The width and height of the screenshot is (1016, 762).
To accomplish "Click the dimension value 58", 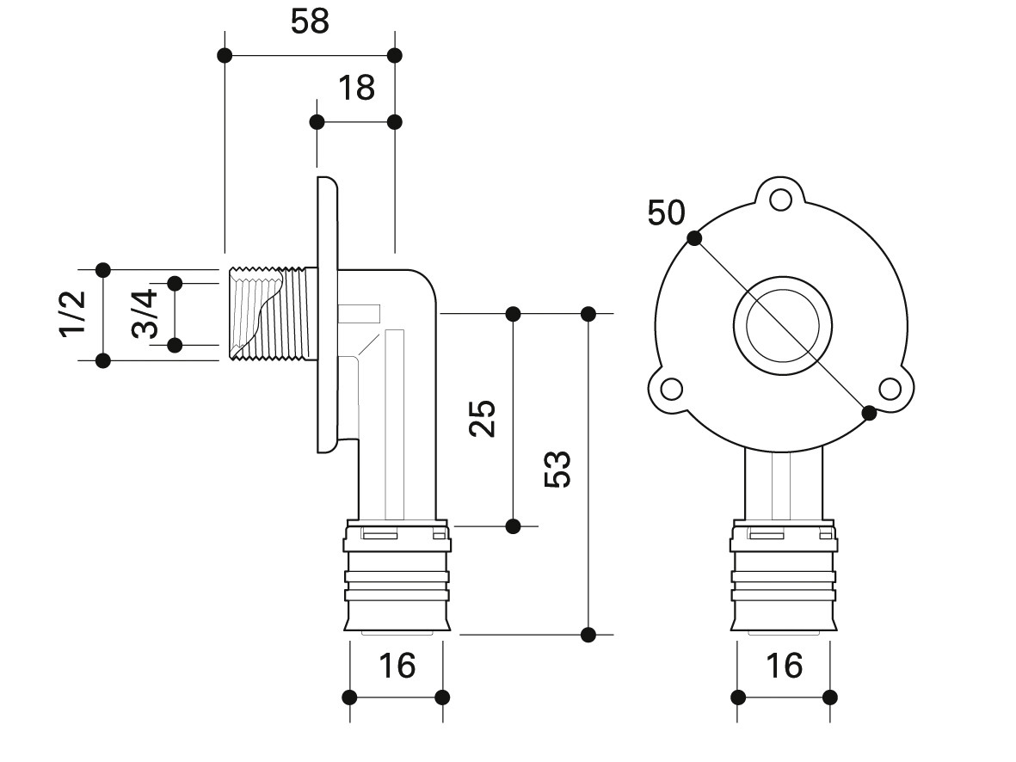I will click(x=310, y=22).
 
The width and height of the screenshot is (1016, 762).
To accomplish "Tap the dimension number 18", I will click(x=356, y=88).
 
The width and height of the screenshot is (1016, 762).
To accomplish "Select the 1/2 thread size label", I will click(x=73, y=313).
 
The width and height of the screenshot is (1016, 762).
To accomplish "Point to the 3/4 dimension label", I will click(x=145, y=313).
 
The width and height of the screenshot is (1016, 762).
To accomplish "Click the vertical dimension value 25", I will click(x=484, y=418).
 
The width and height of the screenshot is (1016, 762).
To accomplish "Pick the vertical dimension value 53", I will click(x=558, y=469).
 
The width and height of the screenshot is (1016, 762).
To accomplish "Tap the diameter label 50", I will click(x=666, y=212).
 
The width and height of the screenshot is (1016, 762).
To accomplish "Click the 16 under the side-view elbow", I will click(x=396, y=665).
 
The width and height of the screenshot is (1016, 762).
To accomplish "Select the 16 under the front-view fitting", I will click(x=783, y=665).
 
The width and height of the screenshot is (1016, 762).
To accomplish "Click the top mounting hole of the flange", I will click(x=780, y=200).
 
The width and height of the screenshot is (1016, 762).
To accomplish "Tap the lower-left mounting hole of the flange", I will click(x=671, y=390).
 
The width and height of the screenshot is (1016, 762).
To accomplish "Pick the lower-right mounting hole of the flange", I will click(x=890, y=390).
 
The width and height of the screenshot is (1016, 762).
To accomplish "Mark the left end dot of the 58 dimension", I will click(x=225, y=56).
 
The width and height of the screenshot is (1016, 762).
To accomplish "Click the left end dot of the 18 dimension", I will click(x=317, y=122).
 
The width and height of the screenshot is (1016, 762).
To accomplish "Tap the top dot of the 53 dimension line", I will click(x=588, y=313).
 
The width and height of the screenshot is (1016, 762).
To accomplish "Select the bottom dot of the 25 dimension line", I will click(x=514, y=525).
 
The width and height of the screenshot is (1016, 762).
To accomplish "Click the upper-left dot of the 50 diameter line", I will click(x=694, y=238).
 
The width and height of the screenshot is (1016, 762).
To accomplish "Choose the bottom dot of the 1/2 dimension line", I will click(x=103, y=359).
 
